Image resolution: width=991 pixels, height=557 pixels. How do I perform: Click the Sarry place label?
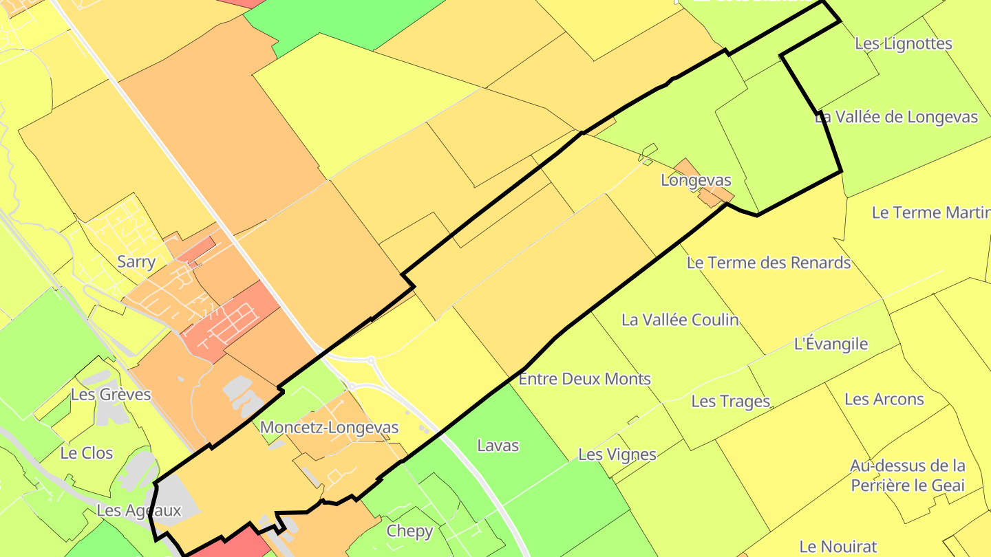tap(136, 262)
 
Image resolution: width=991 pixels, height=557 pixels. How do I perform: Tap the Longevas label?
tap(696, 180)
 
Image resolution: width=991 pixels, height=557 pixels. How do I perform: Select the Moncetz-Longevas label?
tap(329, 428)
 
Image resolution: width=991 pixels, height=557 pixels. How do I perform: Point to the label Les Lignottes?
tap(903, 44)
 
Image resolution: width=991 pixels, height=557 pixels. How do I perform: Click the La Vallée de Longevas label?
tap(896, 117)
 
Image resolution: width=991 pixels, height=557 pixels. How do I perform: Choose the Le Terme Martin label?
tap(930, 212)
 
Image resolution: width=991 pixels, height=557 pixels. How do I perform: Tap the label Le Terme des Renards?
tap(769, 263)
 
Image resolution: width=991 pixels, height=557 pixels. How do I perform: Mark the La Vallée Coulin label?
tap(680, 320)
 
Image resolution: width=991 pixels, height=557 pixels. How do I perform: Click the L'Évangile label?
tap(831, 344)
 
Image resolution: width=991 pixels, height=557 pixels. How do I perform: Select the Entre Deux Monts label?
tap(584, 379)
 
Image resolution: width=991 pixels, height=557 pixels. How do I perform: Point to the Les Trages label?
tap(730, 401)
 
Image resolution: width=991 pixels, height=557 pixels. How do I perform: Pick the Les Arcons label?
tap(884, 400)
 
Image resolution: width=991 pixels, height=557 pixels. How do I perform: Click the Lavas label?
tap(498, 446)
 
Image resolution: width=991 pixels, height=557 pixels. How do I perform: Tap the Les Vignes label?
tap(617, 455)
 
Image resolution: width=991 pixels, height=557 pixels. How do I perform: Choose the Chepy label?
tap(409, 531)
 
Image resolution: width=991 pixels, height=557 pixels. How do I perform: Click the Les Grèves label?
tap(111, 395)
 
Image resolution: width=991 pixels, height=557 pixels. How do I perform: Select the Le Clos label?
tap(87, 453)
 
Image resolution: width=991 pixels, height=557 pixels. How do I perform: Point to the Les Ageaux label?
tap(138, 510)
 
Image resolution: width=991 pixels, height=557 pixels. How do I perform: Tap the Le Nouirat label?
tap(838, 547)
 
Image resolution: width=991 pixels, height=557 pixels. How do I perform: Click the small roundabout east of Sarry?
tap(371, 360)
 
